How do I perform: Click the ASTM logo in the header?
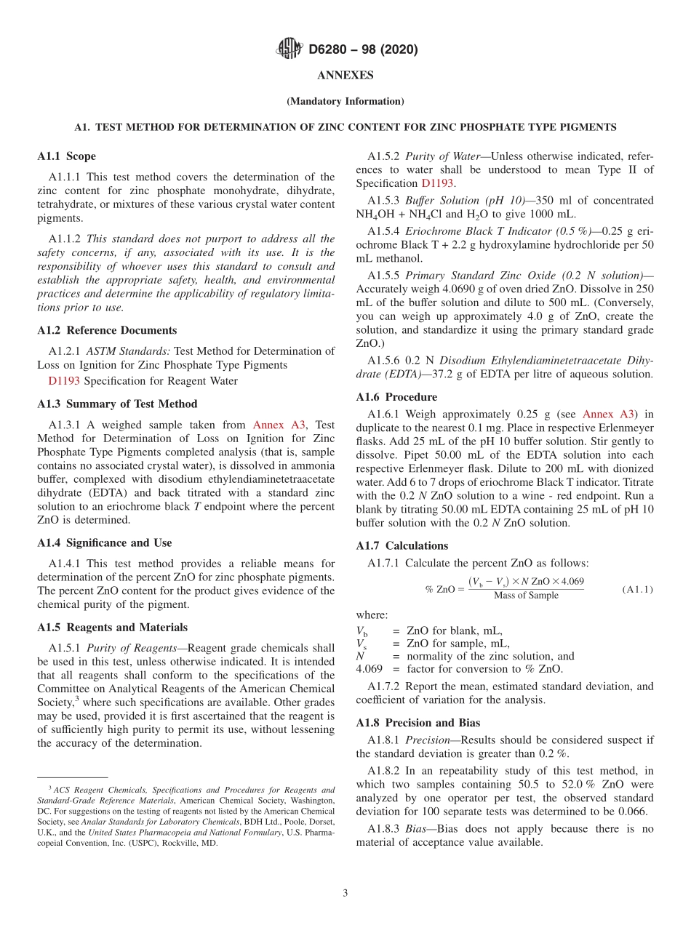pyautogui.click(x=290, y=49)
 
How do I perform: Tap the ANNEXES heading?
pyautogui.click(x=345, y=75)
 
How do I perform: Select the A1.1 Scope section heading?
pyautogui.click(x=66, y=156)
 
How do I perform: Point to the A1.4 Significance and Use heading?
pyautogui.click(x=105, y=542)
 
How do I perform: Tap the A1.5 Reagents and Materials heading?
pyautogui.click(x=112, y=627)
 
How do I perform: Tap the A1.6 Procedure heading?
pyautogui.click(x=396, y=397)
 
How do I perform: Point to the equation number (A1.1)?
pyautogui.click(x=637, y=589)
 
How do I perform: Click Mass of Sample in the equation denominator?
pyautogui.click(x=526, y=596)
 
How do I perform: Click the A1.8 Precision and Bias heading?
pyautogui.click(x=418, y=723)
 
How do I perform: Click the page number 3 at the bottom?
pyautogui.click(x=345, y=893)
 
